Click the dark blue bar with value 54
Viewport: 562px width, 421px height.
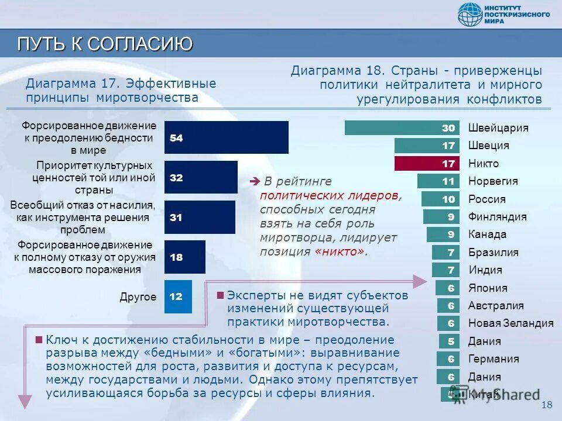point(226,137)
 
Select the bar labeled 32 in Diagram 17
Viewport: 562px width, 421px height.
point(201,177)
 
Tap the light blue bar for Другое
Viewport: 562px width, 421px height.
point(178,296)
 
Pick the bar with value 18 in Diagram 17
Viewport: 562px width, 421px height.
point(184,257)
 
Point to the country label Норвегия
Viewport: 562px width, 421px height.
point(493,181)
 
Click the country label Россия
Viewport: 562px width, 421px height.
point(487,199)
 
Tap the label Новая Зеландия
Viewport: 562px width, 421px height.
point(510,323)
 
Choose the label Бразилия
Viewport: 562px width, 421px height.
point(493,253)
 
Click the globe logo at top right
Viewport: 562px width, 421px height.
point(470,15)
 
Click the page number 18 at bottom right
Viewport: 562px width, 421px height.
point(547,405)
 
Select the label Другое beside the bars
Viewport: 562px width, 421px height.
point(138,297)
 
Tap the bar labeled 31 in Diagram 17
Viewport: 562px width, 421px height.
point(200,217)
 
